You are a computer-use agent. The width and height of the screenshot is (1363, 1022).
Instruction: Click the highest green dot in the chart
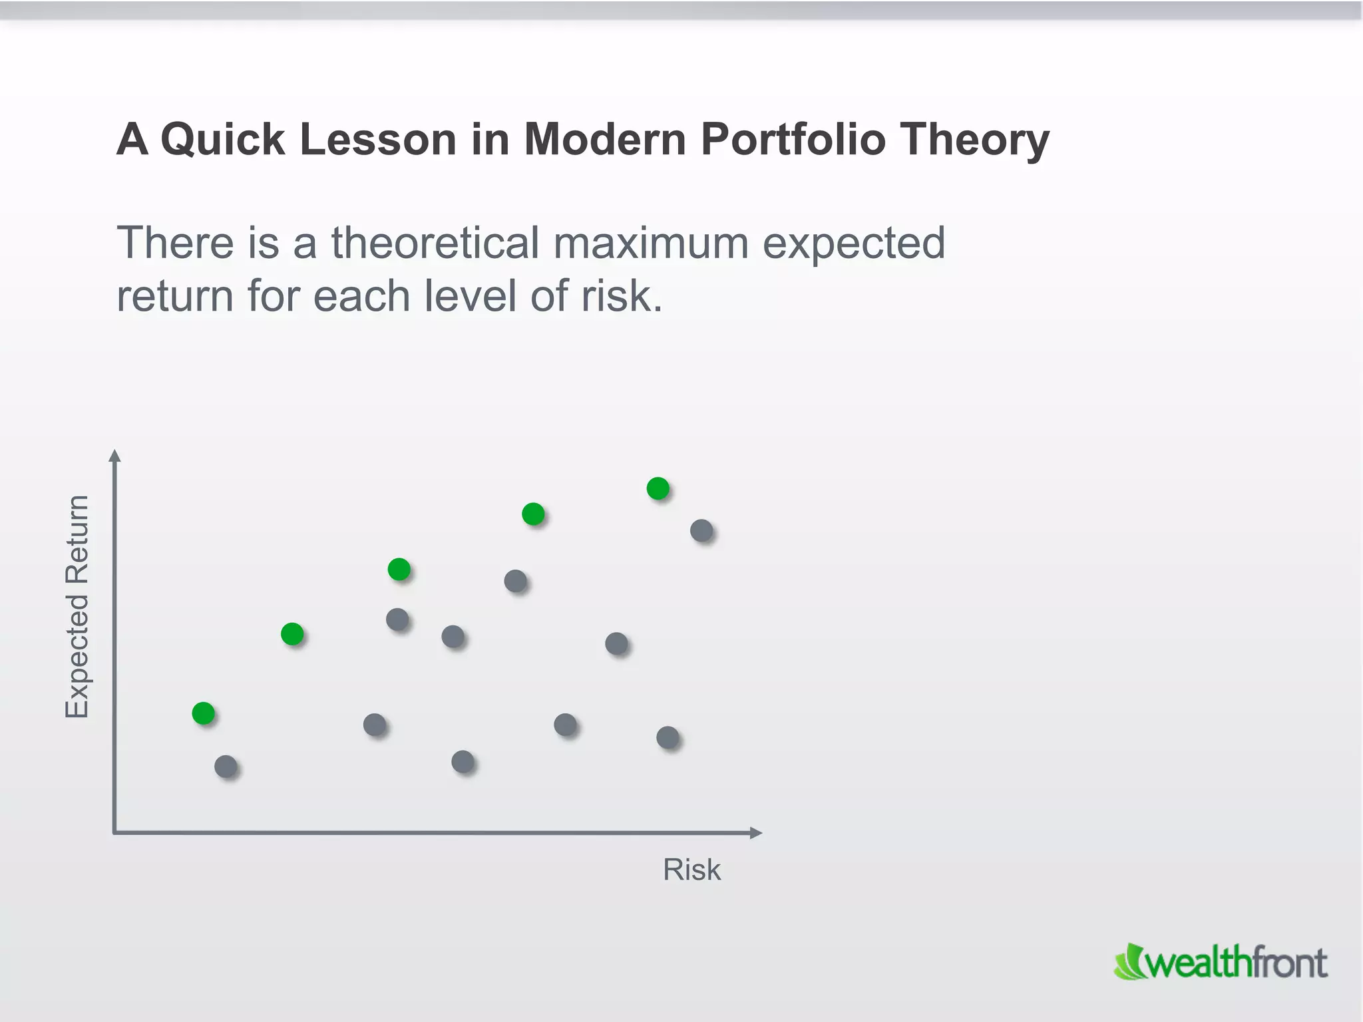coord(658,488)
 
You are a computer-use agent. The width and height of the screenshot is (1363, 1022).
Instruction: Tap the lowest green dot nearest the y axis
coord(203,713)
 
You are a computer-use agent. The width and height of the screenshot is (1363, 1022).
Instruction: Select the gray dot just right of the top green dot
coord(701,530)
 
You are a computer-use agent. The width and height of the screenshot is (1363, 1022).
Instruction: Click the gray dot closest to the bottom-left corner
coord(226,766)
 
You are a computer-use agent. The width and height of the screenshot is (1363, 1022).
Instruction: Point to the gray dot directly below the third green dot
coord(397,619)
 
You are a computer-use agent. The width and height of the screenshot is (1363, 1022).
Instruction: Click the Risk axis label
coord(691,870)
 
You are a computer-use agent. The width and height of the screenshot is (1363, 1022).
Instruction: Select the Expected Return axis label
coord(77,606)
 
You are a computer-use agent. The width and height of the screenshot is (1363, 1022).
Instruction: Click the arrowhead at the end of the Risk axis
coord(755,832)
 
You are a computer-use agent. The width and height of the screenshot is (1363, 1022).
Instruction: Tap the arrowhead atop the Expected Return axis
coord(115,456)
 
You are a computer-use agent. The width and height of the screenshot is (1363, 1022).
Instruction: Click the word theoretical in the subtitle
coord(435,242)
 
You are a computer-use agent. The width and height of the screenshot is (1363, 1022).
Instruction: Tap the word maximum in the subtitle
coord(651,242)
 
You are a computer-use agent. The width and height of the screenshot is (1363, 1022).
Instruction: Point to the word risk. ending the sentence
coord(622,295)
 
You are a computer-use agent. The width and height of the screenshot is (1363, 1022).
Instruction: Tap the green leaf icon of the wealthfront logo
coord(1129,962)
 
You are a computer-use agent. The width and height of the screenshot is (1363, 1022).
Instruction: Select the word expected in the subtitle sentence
coord(853,244)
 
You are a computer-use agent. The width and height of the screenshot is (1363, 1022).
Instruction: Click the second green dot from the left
coord(292,633)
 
